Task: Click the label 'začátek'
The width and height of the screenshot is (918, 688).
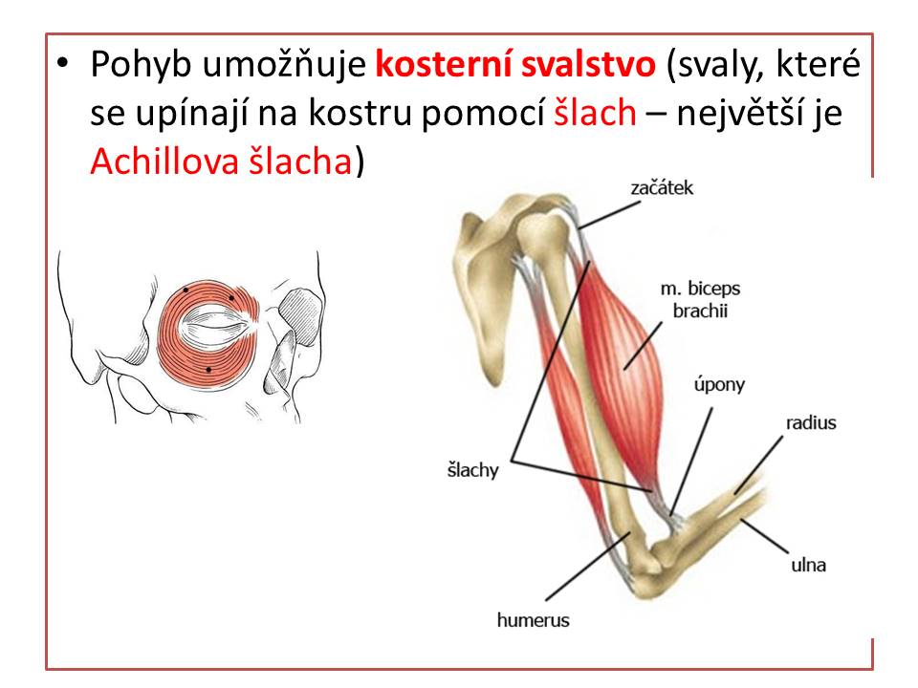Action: pyautogui.click(x=662, y=188)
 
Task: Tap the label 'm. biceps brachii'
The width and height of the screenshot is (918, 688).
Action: pyautogui.click(x=700, y=299)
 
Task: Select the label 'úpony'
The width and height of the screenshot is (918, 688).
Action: pyautogui.click(x=719, y=385)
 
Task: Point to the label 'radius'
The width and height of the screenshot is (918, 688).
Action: pyautogui.click(x=811, y=422)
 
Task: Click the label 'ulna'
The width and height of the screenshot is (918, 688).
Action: pyautogui.click(x=809, y=565)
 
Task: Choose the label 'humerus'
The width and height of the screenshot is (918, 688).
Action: pyautogui.click(x=533, y=620)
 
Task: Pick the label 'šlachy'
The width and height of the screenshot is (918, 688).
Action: pyautogui.click(x=472, y=470)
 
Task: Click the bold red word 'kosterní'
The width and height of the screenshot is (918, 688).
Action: pyautogui.click(x=443, y=64)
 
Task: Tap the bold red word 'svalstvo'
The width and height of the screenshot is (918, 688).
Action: pyautogui.click(x=588, y=64)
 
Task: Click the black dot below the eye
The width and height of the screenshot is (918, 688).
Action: pyautogui.click(x=208, y=370)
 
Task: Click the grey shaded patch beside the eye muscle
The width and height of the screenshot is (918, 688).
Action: pyautogui.click(x=299, y=316)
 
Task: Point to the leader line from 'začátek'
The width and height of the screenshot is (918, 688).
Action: pyautogui.click(x=609, y=215)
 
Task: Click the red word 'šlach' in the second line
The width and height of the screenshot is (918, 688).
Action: pyautogui.click(x=595, y=113)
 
